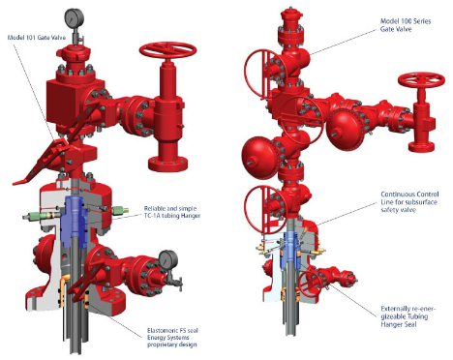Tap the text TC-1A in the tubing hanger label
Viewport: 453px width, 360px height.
(152, 216)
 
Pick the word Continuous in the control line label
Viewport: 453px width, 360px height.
(395, 195)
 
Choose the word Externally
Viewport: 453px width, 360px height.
(394, 309)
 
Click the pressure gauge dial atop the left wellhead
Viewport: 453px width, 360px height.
(75, 18)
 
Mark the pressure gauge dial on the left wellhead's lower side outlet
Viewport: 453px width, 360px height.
(168, 258)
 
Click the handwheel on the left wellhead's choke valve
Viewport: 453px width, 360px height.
(168, 51)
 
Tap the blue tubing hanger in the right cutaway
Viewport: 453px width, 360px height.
(292, 251)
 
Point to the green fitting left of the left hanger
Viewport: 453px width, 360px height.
(42, 216)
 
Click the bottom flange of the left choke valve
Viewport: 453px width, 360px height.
(167, 165)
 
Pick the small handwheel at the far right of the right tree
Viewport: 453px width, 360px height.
(421, 81)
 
